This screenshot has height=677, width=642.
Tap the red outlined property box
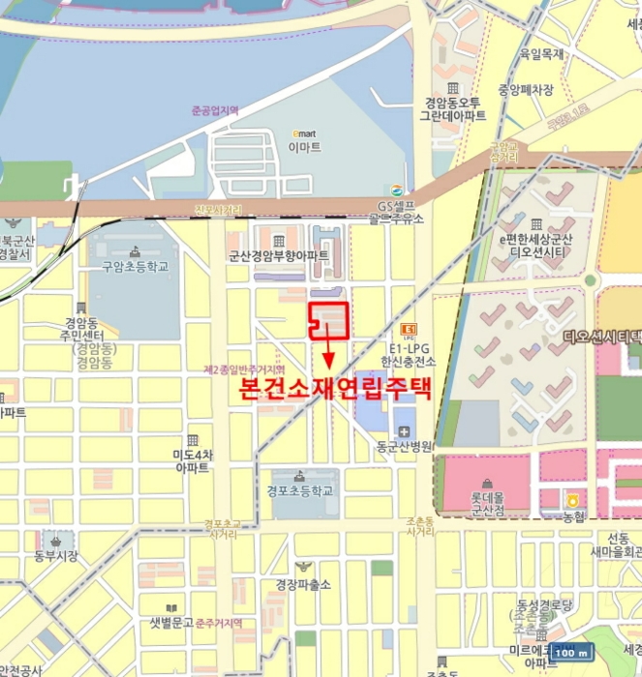pos(328,319)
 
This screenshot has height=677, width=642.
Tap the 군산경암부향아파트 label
pos(278,256)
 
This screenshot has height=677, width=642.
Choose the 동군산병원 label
pos(403,447)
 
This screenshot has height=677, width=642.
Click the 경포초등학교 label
pos(300,490)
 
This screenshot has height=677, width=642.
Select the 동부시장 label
pos(55,556)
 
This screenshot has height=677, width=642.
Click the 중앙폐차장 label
pos(526,90)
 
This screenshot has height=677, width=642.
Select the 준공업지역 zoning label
pos(215,110)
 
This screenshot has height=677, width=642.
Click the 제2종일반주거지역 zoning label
pos(244,369)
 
